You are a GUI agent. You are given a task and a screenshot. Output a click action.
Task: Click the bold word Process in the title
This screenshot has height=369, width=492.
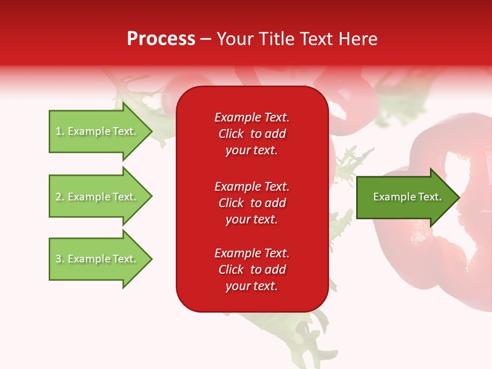[161, 39]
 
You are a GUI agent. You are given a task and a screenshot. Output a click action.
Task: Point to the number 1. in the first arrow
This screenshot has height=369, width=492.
[60, 132]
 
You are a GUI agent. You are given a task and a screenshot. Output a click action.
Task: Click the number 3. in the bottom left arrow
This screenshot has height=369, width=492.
[60, 259]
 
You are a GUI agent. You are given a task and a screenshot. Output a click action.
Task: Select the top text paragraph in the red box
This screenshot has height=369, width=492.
[252, 134]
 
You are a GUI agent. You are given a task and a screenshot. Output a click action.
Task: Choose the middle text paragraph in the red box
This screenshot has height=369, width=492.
[252, 203]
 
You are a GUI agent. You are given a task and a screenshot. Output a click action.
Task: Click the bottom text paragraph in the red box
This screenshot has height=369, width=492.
[252, 270]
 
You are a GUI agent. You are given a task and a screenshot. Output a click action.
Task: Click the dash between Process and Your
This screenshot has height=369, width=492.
[206, 39]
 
